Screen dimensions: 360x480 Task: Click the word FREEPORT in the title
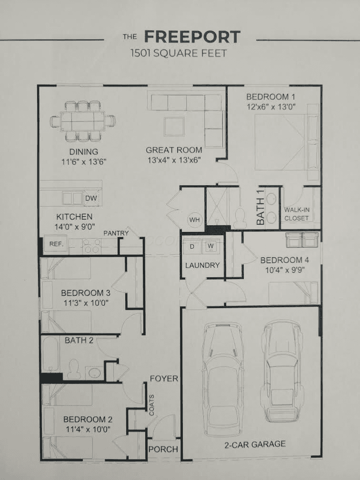pos(192,37)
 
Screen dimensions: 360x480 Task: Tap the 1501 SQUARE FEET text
pos(179,53)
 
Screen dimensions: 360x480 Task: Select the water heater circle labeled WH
pos(195,220)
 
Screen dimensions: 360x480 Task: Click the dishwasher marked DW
pos(91,198)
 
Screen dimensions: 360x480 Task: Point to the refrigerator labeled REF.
pos(56,244)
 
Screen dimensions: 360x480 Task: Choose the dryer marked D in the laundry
pos(192,247)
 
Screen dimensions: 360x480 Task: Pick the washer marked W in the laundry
pos(210,247)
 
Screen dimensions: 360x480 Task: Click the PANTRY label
pos(116,233)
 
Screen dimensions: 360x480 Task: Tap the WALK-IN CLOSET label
pos(296,214)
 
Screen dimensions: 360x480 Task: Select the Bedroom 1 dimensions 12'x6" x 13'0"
pos(271,107)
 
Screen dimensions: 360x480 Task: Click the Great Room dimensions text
pos(173,160)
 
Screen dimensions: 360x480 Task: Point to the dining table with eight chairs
pos(83,121)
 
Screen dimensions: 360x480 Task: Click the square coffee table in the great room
pos(174,127)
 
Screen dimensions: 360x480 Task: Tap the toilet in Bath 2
pos(73,369)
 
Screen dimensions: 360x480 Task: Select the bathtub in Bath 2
pos(50,354)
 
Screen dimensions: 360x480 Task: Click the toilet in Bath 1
pos(240,218)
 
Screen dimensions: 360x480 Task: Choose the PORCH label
pos(163,449)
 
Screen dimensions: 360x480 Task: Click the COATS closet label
pos(151,405)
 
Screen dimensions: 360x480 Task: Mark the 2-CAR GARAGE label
pos(255,444)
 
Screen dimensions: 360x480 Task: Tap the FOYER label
pos(164,379)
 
